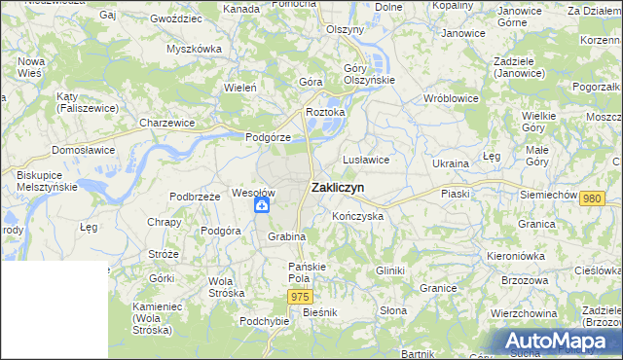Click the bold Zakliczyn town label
click(338, 188)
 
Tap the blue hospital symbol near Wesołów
click(262, 205)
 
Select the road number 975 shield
click(300, 296)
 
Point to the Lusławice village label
click(366, 160)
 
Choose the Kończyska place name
click(357, 216)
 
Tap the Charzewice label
click(166, 124)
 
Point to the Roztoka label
click(325, 113)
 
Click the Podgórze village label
click(268, 137)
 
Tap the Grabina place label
click(287, 236)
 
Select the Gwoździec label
click(175, 18)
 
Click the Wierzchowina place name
click(524, 313)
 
